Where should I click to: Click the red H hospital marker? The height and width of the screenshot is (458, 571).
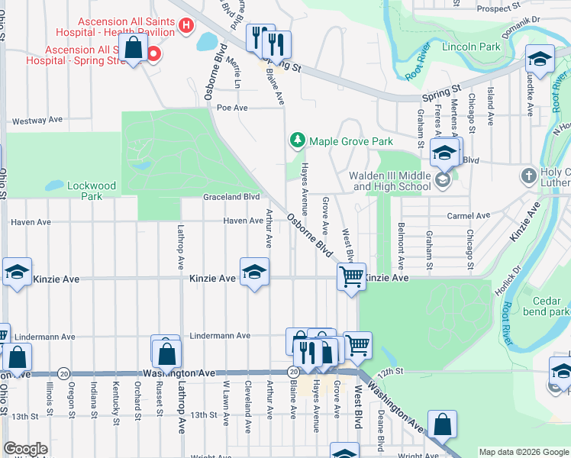185,27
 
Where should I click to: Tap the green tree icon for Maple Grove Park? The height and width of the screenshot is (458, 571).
296,140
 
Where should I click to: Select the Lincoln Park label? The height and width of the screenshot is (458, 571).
471,47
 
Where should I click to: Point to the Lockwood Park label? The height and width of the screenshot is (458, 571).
91,190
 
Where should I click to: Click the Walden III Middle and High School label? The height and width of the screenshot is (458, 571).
389,181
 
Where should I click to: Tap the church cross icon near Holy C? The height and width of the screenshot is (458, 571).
528,177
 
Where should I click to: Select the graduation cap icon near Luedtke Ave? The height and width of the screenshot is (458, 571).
539,58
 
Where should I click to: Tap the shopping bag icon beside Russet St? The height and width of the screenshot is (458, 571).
166,353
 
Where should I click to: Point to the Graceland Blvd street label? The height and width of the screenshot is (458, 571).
231,197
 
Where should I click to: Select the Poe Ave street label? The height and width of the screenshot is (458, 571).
232,108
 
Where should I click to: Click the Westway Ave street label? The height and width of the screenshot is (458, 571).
35,121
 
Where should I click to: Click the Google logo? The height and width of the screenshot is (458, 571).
25,449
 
